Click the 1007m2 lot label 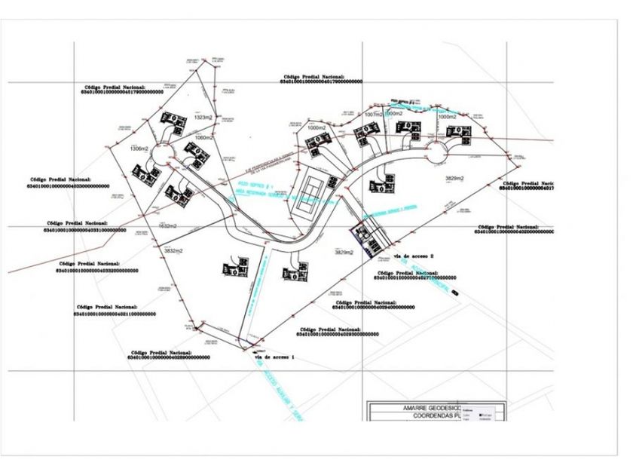click(375, 114)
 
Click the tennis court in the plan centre click(307, 192)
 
